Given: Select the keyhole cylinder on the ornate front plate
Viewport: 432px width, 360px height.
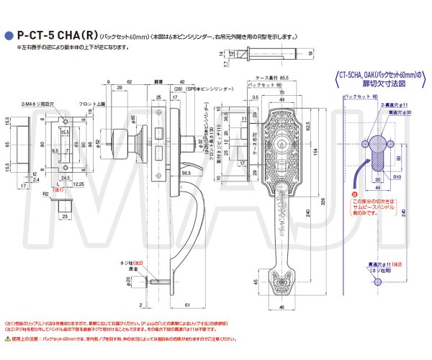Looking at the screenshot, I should pyautogui.click(x=283, y=133).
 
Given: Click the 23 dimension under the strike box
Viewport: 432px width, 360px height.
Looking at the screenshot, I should pyautogui.click(x=64, y=215).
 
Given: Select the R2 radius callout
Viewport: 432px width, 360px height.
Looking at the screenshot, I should pyautogui.click(x=45, y=194).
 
